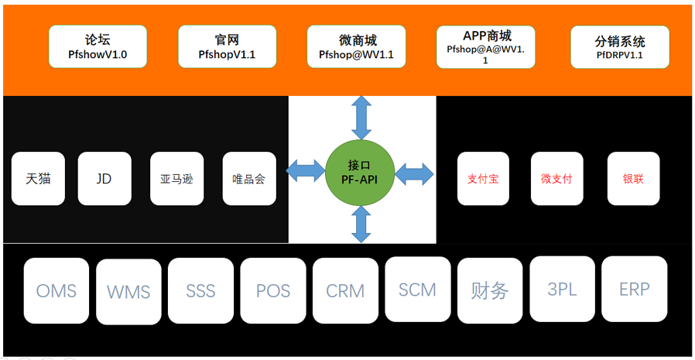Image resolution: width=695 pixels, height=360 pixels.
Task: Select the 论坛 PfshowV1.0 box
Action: pyautogui.click(x=98, y=46)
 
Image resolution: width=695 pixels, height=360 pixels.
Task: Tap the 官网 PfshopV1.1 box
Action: pyautogui.click(x=227, y=46)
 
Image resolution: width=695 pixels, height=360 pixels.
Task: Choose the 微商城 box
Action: pyautogui.click(x=357, y=46)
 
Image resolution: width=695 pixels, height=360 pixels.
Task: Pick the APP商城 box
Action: pyautogui.click(x=486, y=46)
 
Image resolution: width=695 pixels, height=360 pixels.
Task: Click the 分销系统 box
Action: pyautogui.click(x=620, y=46)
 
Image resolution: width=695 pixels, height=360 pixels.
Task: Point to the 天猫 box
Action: pyautogui.click(x=39, y=179)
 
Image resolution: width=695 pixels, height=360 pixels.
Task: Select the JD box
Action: pyautogui.click(x=104, y=179)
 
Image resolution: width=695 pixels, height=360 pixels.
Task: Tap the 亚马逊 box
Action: pyautogui.click(x=176, y=179)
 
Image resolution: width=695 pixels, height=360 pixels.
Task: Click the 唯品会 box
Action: pyautogui.click(x=249, y=179)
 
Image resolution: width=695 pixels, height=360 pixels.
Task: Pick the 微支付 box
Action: pyautogui.click(x=556, y=179)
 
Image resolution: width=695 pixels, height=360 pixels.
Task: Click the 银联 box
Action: pyautogui.click(x=633, y=179)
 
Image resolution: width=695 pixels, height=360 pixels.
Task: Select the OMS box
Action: pyautogui.click(x=56, y=290)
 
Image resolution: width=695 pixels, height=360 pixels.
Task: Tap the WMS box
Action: pyautogui.click(x=128, y=292)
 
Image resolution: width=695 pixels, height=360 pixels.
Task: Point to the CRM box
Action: pyautogui.click(x=345, y=290)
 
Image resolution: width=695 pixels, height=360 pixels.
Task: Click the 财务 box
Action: pyautogui.click(x=490, y=290)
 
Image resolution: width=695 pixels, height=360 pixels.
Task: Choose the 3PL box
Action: pyautogui.click(x=562, y=289)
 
